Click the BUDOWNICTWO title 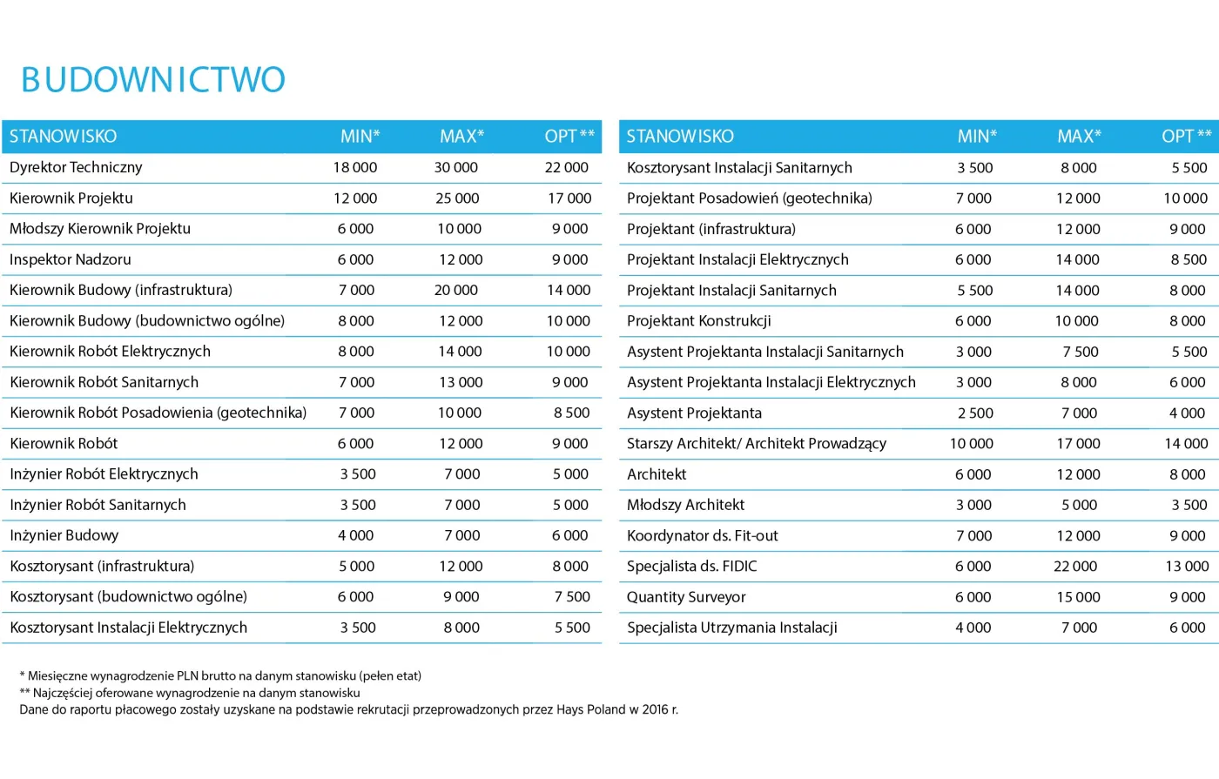click(x=153, y=80)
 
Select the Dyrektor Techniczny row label click(x=76, y=167)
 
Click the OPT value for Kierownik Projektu click(x=569, y=198)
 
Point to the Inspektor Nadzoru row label click(x=71, y=259)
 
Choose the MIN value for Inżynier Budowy click(x=356, y=535)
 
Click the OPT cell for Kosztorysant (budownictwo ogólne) click(x=572, y=596)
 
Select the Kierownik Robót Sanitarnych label click(x=104, y=382)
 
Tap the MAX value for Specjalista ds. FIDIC click(x=1075, y=567)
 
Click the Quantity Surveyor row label click(x=686, y=597)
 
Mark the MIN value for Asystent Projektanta click(x=975, y=413)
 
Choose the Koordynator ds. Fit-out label click(x=703, y=536)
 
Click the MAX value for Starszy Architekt click(x=1078, y=444)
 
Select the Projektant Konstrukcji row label click(x=699, y=321)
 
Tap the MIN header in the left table click(x=360, y=137)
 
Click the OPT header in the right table click(x=1187, y=137)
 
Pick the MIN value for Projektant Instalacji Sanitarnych click(x=975, y=291)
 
